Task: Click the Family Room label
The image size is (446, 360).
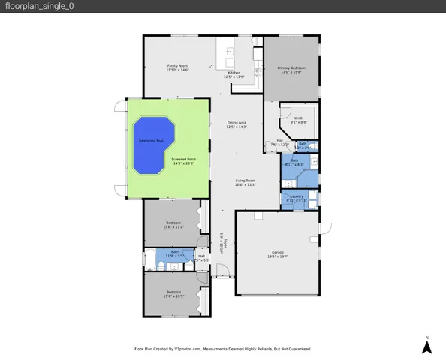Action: tap(177, 68)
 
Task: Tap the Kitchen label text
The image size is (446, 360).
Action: tap(234, 74)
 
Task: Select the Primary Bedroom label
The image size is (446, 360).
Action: tap(290, 70)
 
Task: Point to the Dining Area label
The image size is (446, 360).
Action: tap(237, 125)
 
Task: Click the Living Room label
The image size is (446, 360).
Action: tap(246, 182)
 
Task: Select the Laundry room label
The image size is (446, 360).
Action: tap(297, 199)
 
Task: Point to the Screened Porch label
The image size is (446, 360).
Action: tap(184, 160)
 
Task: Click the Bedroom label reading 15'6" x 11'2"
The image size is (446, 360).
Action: tap(173, 224)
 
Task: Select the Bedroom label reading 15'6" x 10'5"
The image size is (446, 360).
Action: tap(173, 293)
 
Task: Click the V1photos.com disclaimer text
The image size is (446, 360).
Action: tap(222, 349)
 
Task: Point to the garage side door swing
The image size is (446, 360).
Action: tap(324, 228)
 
